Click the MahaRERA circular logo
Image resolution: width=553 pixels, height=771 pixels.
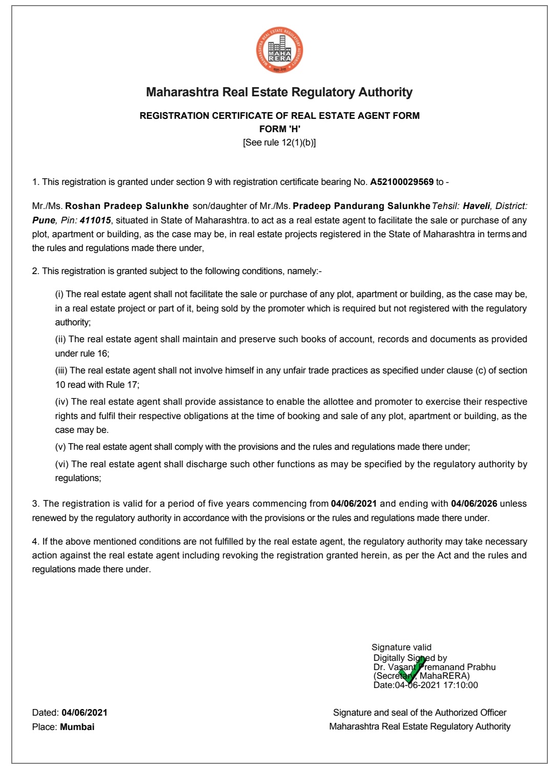(x=280, y=50)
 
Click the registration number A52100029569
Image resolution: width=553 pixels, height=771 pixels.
(x=401, y=182)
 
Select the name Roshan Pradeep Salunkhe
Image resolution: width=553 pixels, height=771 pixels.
(x=127, y=206)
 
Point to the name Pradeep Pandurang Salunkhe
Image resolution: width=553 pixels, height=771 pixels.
(x=361, y=206)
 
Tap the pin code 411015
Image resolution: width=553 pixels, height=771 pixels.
(x=95, y=220)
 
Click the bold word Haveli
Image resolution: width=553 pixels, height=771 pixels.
(x=476, y=206)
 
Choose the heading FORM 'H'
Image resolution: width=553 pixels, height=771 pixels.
(x=280, y=129)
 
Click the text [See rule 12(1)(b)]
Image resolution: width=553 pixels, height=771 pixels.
(x=280, y=142)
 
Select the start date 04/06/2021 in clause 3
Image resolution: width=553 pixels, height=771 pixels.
(x=354, y=504)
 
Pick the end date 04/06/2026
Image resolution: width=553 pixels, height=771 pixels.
(x=474, y=504)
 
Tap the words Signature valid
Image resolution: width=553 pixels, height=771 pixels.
(x=401, y=648)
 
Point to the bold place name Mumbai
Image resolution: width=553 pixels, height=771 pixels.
(x=77, y=727)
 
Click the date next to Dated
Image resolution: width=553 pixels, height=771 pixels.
(x=84, y=713)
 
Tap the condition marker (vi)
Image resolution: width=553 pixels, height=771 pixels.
(x=62, y=464)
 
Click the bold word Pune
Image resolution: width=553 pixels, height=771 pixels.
(x=44, y=220)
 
